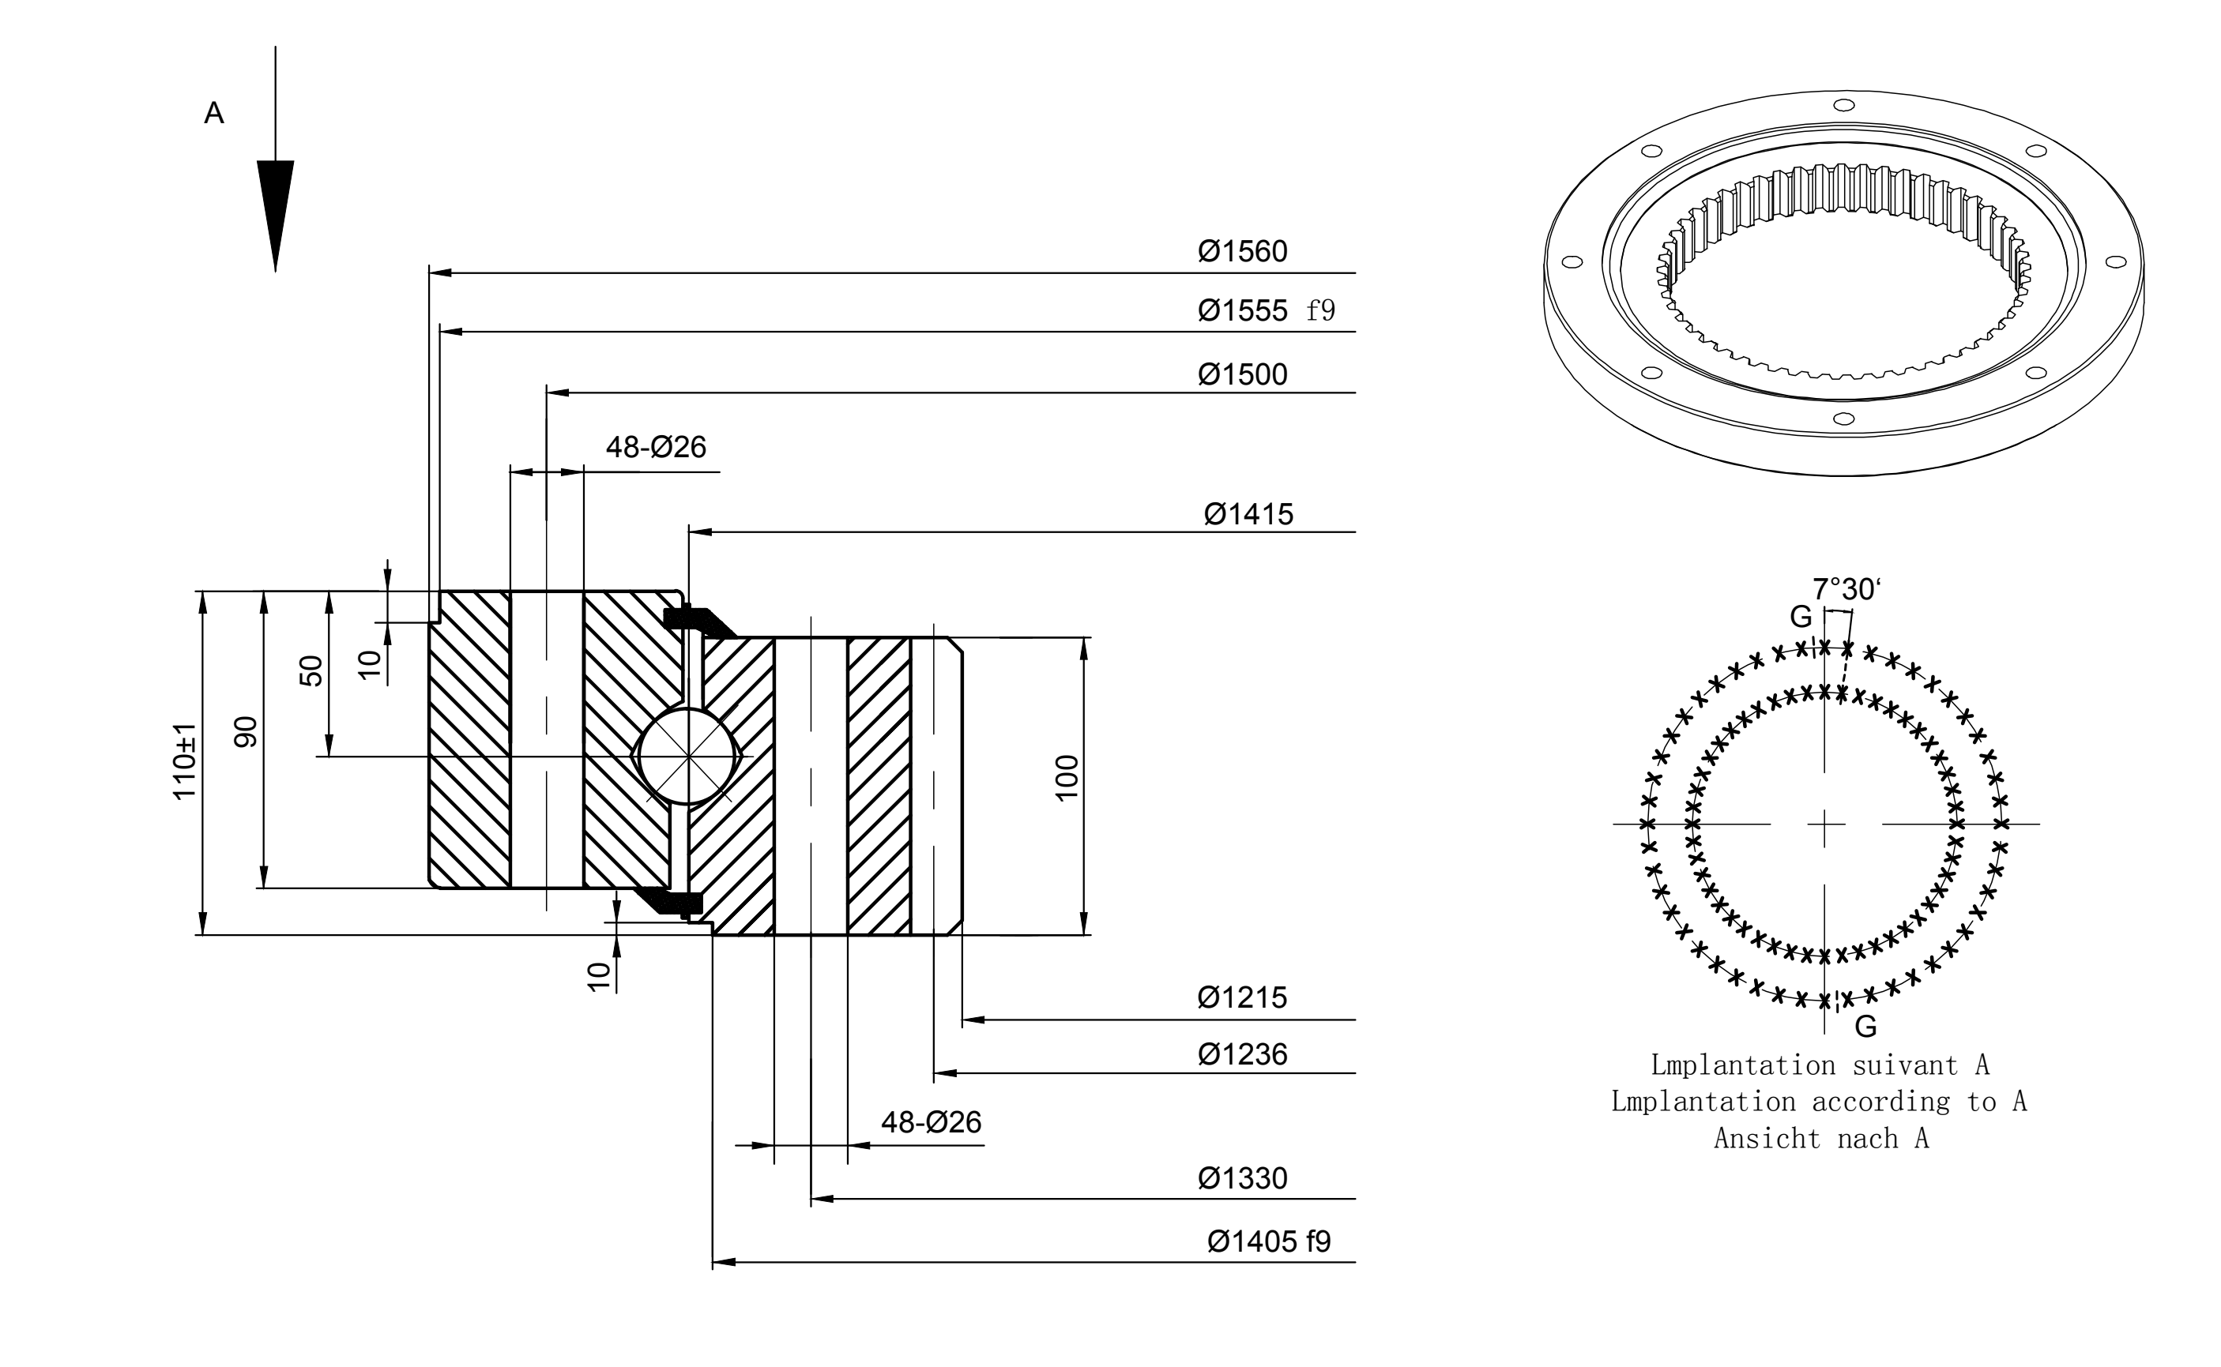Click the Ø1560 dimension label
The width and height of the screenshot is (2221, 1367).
[1243, 251]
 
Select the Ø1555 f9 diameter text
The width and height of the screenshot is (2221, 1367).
[1266, 311]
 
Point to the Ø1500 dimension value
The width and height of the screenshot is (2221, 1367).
[1243, 374]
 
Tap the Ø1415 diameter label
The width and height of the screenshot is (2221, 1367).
[1248, 514]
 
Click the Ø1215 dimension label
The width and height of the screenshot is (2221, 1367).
[1243, 998]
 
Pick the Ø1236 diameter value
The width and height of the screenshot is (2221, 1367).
[1243, 1054]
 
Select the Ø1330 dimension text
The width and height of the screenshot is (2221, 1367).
[1243, 1179]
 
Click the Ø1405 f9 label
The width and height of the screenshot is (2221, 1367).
[1270, 1242]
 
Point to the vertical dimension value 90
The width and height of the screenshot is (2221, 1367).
[246, 732]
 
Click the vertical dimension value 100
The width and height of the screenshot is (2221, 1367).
[1067, 778]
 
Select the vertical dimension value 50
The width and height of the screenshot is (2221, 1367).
[311, 670]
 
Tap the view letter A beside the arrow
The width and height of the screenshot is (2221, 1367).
[214, 113]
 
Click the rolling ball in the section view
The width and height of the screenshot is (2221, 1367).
[688, 756]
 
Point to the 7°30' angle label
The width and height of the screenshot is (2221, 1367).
[1846, 589]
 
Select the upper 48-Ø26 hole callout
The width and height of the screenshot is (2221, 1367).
[656, 448]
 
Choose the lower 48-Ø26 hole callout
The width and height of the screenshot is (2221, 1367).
[932, 1123]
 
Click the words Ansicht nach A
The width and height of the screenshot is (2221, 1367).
[1821, 1139]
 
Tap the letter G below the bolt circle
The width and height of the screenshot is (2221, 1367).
[1865, 1027]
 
